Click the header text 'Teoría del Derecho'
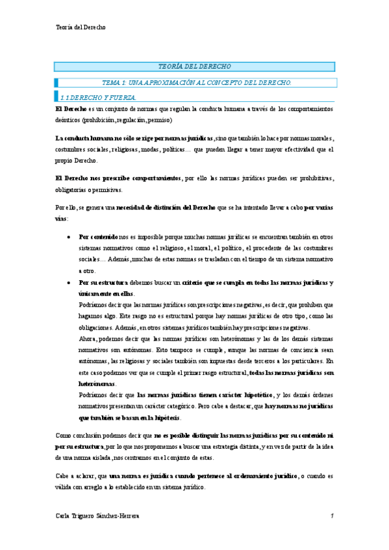(81, 27)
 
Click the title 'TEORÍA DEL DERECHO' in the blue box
(194, 67)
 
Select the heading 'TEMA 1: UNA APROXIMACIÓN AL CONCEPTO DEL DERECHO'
(197, 82)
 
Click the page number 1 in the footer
(331, 516)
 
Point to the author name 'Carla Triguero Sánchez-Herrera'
(97, 516)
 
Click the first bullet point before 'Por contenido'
(69, 238)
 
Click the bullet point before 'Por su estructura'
(69, 283)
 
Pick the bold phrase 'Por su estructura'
(103, 283)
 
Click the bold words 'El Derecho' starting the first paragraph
(70, 109)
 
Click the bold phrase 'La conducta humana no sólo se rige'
(110, 139)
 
